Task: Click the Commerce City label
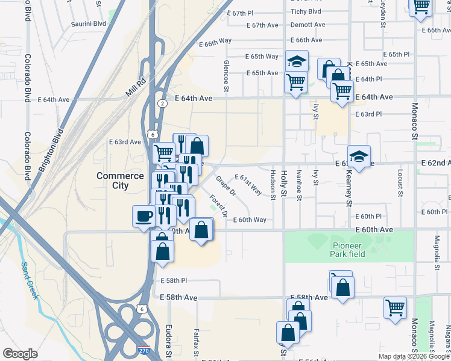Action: [x=121, y=180]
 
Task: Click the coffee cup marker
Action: [x=143, y=216]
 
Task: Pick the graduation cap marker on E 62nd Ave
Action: [x=359, y=157]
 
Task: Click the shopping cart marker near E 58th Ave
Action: [x=395, y=307]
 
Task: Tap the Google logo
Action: [x=20, y=354]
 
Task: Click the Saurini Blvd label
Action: [x=89, y=23]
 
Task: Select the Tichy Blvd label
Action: [x=306, y=11]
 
